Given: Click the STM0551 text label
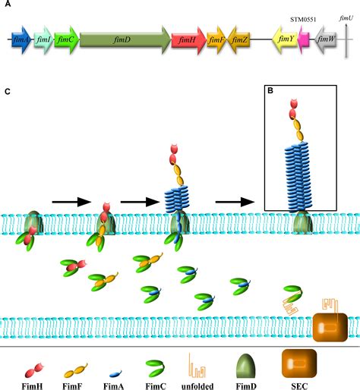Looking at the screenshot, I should click(x=302, y=20).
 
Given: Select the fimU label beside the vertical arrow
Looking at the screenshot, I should click(x=346, y=16).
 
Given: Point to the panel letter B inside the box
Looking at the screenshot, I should click(x=270, y=91).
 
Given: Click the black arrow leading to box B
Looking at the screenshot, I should click(x=233, y=202).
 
